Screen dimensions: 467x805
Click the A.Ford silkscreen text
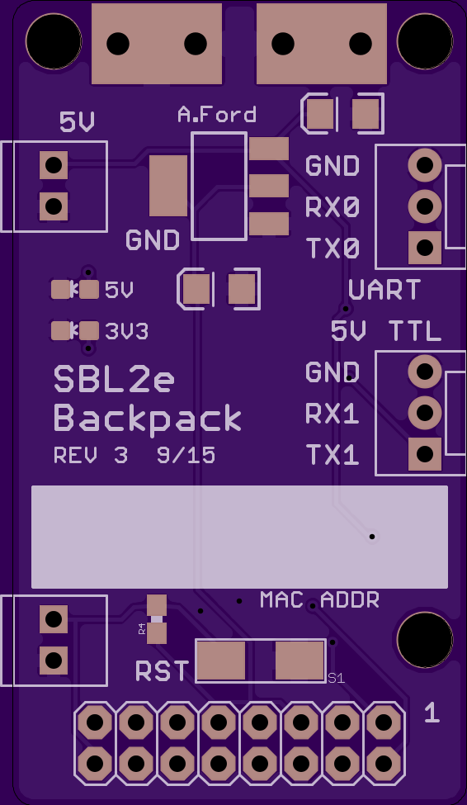(216, 115)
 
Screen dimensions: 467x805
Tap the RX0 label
(332, 207)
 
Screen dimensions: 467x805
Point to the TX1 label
(332, 455)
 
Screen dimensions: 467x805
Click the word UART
(384, 290)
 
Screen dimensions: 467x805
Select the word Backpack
(148, 419)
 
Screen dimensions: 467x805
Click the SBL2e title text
(114, 379)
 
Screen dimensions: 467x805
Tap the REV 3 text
(90, 456)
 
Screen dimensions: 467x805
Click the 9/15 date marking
(186, 456)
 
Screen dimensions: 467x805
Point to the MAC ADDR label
(319, 599)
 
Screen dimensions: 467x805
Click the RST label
(163, 671)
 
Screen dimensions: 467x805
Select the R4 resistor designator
(142, 629)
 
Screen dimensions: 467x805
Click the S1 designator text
(336, 678)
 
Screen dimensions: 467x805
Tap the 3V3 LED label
(127, 332)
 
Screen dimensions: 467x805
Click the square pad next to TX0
(425, 248)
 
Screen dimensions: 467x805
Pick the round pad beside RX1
(425, 412)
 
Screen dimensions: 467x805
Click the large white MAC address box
(239, 537)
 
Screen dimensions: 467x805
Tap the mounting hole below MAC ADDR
(425, 640)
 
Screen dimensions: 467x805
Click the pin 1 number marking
(432, 713)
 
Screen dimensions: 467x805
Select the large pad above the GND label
(168, 186)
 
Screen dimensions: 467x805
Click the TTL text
(415, 331)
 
